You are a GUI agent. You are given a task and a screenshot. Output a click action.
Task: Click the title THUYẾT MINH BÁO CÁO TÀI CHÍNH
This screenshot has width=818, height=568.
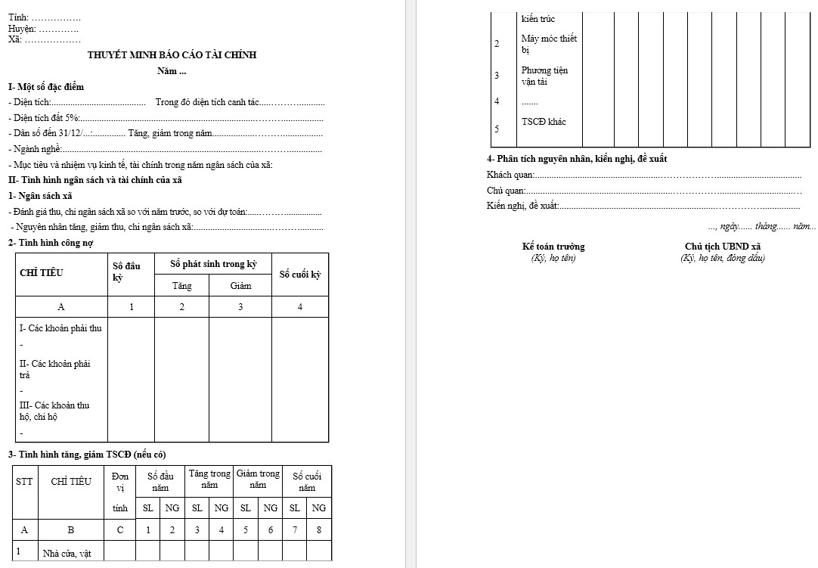click(x=172, y=55)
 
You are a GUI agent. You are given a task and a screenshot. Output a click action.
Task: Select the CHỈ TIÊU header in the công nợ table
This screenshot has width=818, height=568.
click(x=39, y=274)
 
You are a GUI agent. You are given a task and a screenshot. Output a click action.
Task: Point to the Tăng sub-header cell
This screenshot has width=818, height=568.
click(x=181, y=286)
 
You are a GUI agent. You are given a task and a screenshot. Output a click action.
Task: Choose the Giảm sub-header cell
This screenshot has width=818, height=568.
click(x=240, y=286)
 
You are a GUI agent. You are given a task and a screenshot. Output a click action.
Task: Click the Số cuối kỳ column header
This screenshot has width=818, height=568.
click(x=300, y=275)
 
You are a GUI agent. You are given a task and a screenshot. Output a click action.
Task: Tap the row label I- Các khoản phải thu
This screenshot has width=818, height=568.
click(x=60, y=328)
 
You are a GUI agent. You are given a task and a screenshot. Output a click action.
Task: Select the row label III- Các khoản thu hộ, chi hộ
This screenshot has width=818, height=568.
click(x=54, y=411)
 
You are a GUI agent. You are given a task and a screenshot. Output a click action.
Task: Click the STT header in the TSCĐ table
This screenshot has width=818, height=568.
click(x=24, y=482)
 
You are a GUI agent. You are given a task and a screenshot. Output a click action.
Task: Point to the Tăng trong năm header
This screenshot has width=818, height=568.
click(x=209, y=479)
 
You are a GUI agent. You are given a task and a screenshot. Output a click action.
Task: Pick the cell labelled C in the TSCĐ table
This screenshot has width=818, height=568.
click(x=119, y=530)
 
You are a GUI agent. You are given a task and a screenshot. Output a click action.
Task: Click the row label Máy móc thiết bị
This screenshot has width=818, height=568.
click(x=549, y=44)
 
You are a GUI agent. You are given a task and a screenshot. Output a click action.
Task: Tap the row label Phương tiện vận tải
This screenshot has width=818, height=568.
click(x=544, y=76)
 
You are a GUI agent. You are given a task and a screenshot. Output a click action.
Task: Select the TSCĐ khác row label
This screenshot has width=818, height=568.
click(x=544, y=122)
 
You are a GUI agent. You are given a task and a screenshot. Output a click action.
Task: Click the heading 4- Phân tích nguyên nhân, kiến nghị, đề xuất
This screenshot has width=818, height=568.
click(x=577, y=159)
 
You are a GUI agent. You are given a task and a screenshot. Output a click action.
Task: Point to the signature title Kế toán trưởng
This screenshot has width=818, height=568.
click(x=553, y=247)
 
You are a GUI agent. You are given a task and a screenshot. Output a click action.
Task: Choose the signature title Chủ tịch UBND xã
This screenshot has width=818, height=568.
click(x=722, y=247)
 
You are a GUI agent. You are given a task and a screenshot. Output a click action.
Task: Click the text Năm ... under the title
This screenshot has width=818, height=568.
click(x=172, y=72)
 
